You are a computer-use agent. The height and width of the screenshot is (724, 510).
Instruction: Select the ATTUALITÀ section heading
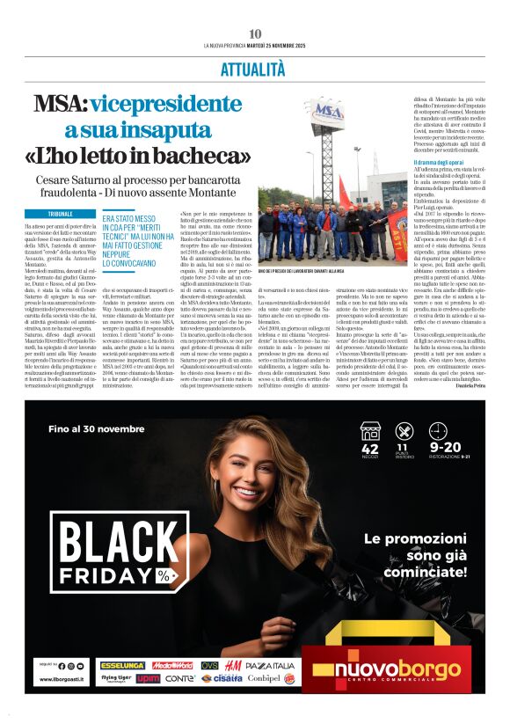255,66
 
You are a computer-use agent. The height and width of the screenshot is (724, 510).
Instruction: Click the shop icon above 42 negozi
370,431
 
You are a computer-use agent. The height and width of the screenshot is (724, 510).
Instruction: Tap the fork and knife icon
404,431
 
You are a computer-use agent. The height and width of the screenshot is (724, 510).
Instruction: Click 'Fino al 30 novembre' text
97,429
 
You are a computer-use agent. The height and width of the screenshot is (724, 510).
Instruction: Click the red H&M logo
233,665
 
